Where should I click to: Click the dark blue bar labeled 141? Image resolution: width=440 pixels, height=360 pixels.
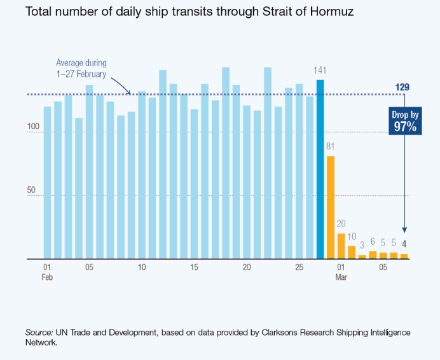(320, 170)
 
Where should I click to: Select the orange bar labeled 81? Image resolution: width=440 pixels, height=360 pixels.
(331, 208)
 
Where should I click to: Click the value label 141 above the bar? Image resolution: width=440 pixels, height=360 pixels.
(320, 69)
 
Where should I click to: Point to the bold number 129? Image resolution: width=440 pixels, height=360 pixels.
(402, 86)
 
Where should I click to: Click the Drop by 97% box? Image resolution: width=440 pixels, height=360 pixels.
(404, 121)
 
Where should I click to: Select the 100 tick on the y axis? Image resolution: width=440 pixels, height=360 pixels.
(33, 127)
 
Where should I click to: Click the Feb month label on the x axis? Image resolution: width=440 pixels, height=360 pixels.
(47, 278)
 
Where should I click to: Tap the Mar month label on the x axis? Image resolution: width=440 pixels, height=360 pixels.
(341, 278)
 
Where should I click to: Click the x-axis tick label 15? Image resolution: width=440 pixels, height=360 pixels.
(194, 268)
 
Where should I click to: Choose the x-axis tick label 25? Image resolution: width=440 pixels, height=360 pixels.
(299, 268)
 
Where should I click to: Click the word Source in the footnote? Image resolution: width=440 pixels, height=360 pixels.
(38, 333)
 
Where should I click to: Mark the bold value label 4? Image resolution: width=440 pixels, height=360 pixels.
(404, 243)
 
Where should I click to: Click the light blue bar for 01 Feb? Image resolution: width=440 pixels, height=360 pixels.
(47, 183)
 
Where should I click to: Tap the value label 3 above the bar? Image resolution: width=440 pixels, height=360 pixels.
(362, 245)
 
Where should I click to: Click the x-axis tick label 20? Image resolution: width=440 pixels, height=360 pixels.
(247, 268)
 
